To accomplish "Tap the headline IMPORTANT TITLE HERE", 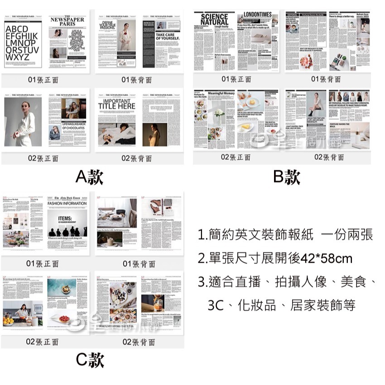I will [x=117, y=104].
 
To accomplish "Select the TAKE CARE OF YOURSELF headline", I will [x=168, y=36].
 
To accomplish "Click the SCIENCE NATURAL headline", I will [x=214, y=19].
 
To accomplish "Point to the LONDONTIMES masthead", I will [x=257, y=14].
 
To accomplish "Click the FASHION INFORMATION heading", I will [x=67, y=203].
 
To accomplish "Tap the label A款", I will [x=89, y=177].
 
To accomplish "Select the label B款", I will [x=287, y=177].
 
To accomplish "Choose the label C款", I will [x=90, y=360].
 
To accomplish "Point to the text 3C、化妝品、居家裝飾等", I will [x=281, y=305].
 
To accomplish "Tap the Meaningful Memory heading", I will [x=221, y=93].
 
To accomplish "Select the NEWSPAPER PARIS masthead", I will [x=67, y=22].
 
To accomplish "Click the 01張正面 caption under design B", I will [x=236, y=79].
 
